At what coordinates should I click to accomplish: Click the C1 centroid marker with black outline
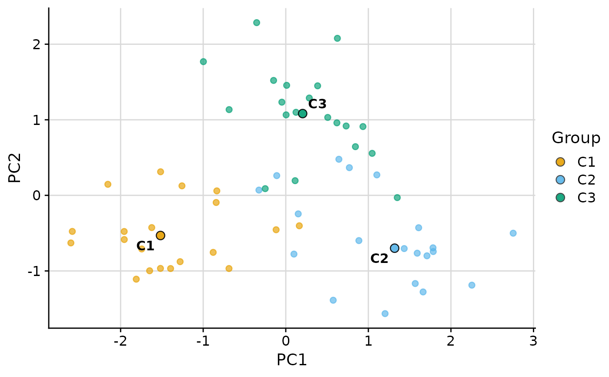pos(160,236)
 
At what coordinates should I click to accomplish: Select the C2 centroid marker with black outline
pos(395,248)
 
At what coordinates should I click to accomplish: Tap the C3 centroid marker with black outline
pos(302,114)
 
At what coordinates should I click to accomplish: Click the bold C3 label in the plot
pos(317,104)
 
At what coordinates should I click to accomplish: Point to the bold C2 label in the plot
pos(379,259)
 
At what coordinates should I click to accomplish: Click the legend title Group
pos(576,138)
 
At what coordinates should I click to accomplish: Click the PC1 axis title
pos(291,360)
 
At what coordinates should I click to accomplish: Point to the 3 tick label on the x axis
pos(533,340)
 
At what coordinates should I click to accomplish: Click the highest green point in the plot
pos(257,23)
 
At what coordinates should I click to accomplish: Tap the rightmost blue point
pos(513,233)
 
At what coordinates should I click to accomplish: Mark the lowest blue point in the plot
pos(385,313)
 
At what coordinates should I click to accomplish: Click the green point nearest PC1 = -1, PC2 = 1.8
pos(203,61)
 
